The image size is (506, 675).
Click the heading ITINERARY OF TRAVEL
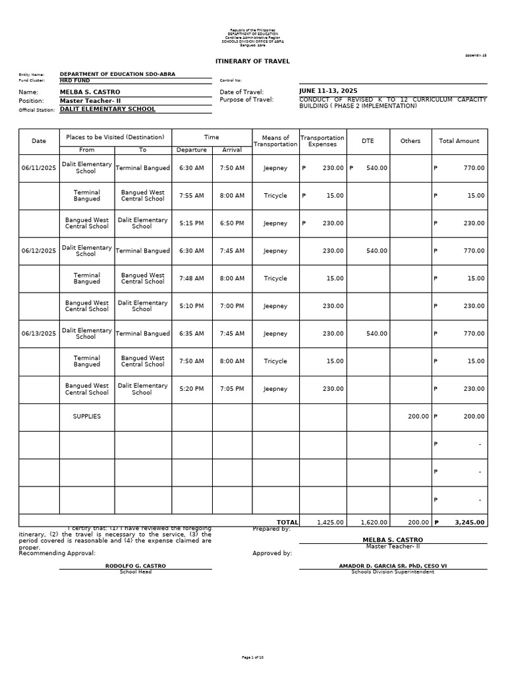pyautogui.click(x=252, y=61)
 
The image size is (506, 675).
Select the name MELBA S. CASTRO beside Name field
pyautogui.click(x=90, y=92)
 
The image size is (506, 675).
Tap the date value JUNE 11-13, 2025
pyautogui.click(x=327, y=91)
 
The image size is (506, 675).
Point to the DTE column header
pyautogui.click(x=368, y=141)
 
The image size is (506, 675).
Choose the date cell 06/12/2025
pyautogui.click(x=39, y=251)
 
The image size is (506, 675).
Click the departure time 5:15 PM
pyautogui.click(x=192, y=223)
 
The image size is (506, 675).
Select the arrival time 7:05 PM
pyautogui.click(x=232, y=389)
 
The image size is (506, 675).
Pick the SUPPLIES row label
pyautogui.click(x=87, y=417)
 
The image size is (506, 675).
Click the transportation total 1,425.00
pyautogui.click(x=330, y=522)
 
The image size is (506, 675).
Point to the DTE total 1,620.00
pyautogui.click(x=374, y=522)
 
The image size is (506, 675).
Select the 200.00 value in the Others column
pyautogui.click(x=418, y=417)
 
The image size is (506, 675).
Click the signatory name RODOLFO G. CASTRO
pyautogui.click(x=136, y=566)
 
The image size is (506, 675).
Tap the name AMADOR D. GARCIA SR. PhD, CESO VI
pyautogui.click(x=393, y=566)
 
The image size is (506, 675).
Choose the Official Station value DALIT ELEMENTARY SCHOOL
pyautogui.click(x=107, y=109)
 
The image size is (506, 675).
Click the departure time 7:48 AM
pyautogui.click(x=192, y=279)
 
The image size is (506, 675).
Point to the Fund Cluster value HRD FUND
pyautogui.click(x=74, y=80)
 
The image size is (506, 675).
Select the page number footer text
pyautogui.click(x=252, y=657)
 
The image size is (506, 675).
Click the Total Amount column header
pyautogui.click(x=459, y=141)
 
